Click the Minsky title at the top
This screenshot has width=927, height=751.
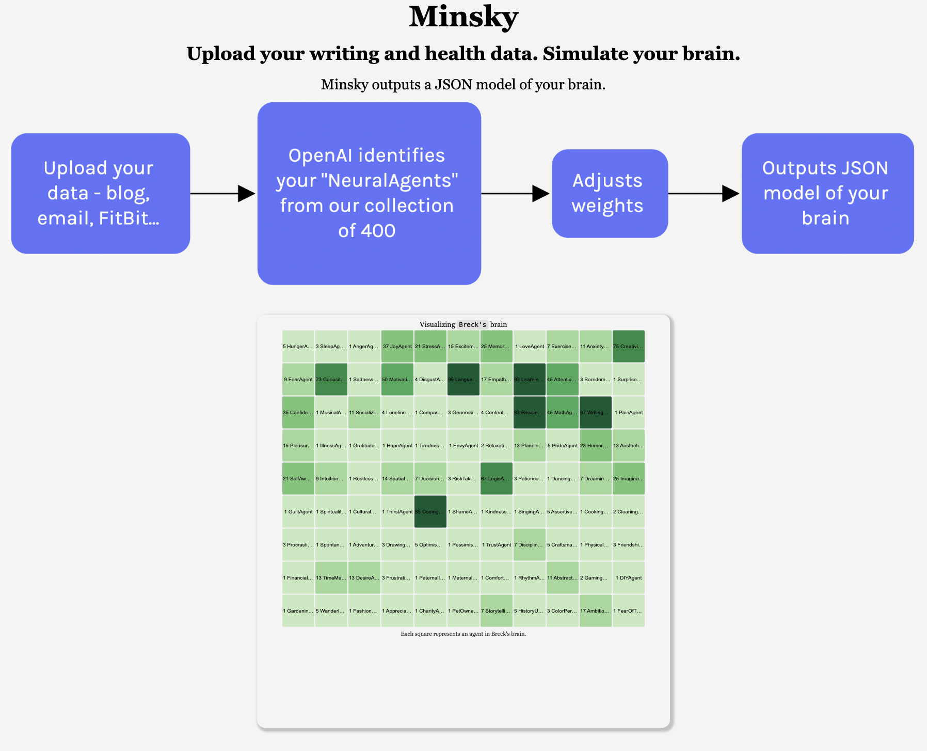[x=463, y=17]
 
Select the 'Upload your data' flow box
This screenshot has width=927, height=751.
[x=101, y=193]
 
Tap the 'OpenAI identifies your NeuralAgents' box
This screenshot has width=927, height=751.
[x=369, y=193]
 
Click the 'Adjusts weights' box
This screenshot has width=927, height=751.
[x=610, y=193]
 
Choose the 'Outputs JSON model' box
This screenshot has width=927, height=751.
[x=827, y=193]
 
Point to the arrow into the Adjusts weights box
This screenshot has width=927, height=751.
[x=516, y=194]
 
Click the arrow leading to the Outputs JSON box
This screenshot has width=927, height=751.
[x=705, y=194]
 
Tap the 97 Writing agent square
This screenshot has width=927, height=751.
[x=596, y=412]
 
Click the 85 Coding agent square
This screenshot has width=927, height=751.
[x=430, y=511]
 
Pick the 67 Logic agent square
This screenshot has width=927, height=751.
[x=497, y=478]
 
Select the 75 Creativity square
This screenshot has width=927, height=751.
[x=629, y=346]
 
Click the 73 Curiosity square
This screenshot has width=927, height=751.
[x=331, y=379]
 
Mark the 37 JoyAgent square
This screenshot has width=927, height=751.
[x=397, y=346]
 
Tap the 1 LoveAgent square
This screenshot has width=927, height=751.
[x=530, y=346]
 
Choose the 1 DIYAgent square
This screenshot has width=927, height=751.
[x=629, y=577]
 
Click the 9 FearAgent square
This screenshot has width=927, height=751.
[x=298, y=379]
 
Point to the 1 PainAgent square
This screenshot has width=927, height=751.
[x=629, y=412]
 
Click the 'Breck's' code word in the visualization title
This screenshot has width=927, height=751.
[x=472, y=324]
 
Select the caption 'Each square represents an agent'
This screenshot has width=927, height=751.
[x=463, y=634]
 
